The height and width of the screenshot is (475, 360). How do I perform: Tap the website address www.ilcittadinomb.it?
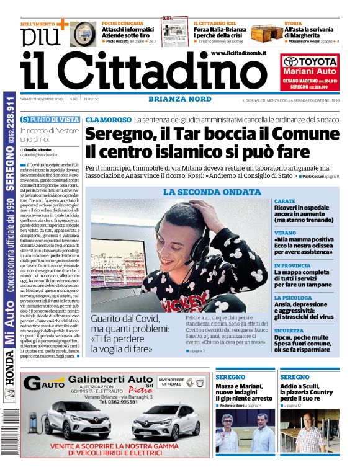(x=238, y=54)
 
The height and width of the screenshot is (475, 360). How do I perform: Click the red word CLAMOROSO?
(x=108, y=119)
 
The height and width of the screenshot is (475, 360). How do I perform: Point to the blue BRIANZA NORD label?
(x=180, y=99)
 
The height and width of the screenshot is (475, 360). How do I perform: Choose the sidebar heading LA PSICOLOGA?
(x=293, y=298)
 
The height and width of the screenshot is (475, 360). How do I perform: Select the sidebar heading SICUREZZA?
(x=289, y=331)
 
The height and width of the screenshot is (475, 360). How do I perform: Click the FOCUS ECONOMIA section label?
(x=120, y=23)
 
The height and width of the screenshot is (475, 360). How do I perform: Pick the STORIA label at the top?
(x=293, y=23)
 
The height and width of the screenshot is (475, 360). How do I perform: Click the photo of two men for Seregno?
(x=245, y=430)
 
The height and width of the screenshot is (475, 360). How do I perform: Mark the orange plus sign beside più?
(x=61, y=24)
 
